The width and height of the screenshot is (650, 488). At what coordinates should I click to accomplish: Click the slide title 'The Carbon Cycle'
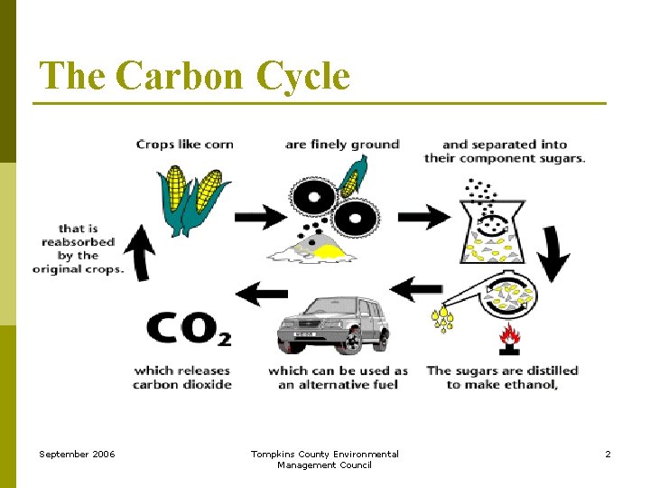(x=194, y=76)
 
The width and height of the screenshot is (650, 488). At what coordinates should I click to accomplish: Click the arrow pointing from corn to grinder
(x=261, y=217)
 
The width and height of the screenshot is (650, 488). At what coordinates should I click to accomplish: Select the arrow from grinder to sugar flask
(x=423, y=217)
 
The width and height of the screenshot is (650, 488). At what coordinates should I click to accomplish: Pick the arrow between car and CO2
(x=261, y=293)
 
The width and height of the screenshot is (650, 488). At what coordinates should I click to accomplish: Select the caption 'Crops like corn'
(x=184, y=145)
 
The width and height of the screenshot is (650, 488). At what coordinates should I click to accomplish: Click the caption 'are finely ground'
(x=341, y=145)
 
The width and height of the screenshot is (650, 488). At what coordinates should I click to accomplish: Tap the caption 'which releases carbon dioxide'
(x=182, y=377)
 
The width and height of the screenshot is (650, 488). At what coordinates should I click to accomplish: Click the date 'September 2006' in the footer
(x=77, y=454)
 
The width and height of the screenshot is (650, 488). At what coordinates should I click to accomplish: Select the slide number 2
(x=608, y=454)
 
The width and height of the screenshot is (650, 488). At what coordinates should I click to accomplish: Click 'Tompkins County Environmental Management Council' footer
(x=324, y=459)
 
